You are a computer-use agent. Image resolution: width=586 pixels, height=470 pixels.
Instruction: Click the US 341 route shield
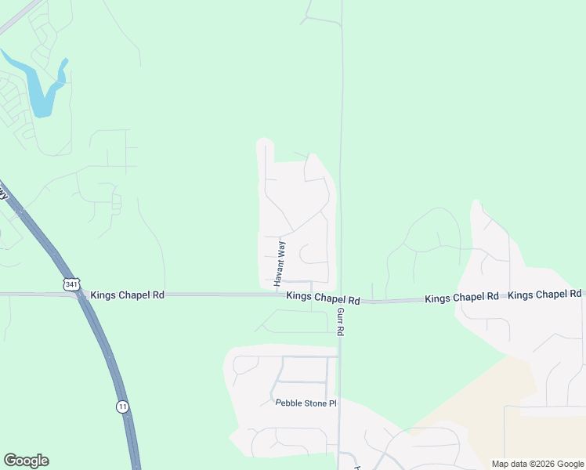pos(71,283)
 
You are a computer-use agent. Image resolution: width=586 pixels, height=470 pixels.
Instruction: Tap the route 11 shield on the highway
pos(122,406)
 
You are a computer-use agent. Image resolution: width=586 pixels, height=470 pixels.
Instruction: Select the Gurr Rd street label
pos(341,321)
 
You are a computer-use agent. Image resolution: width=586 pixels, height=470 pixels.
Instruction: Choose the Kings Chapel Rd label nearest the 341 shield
pos(128,295)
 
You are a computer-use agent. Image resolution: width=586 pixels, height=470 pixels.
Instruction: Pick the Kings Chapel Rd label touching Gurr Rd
pos(323,298)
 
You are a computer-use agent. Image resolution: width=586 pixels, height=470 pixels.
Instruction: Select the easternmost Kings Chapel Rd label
pos(544,295)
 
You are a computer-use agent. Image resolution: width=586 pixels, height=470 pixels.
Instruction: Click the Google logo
pos(26,461)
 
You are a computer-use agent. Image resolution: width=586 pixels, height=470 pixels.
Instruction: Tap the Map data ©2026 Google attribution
pos(537,464)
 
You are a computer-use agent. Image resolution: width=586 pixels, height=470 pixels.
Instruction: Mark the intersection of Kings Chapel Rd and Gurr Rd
pos(340,297)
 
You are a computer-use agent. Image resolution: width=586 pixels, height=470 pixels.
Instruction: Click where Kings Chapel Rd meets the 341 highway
pos(78,295)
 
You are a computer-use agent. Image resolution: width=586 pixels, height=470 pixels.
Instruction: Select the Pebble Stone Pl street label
pos(306,403)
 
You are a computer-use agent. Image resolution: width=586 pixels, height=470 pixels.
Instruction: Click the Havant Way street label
pos(279,264)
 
